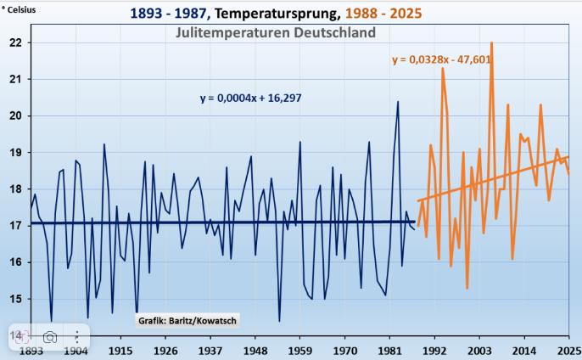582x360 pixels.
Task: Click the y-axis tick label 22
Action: [x=14, y=42]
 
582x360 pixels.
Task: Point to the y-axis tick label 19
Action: [x=14, y=152]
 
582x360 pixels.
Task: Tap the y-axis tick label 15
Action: [x=14, y=299]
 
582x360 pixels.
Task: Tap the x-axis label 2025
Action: [x=569, y=351]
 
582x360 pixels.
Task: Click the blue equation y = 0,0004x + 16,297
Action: [x=250, y=98]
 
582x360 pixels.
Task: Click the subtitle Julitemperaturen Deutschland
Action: [x=276, y=32]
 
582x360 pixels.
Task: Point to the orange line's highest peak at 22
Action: [x=491, y=42]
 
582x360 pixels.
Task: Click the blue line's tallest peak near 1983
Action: [x=398, y=102]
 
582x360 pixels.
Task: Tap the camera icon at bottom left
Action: [x=50, y=336]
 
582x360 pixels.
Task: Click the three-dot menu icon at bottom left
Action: [x=77, y=336]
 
